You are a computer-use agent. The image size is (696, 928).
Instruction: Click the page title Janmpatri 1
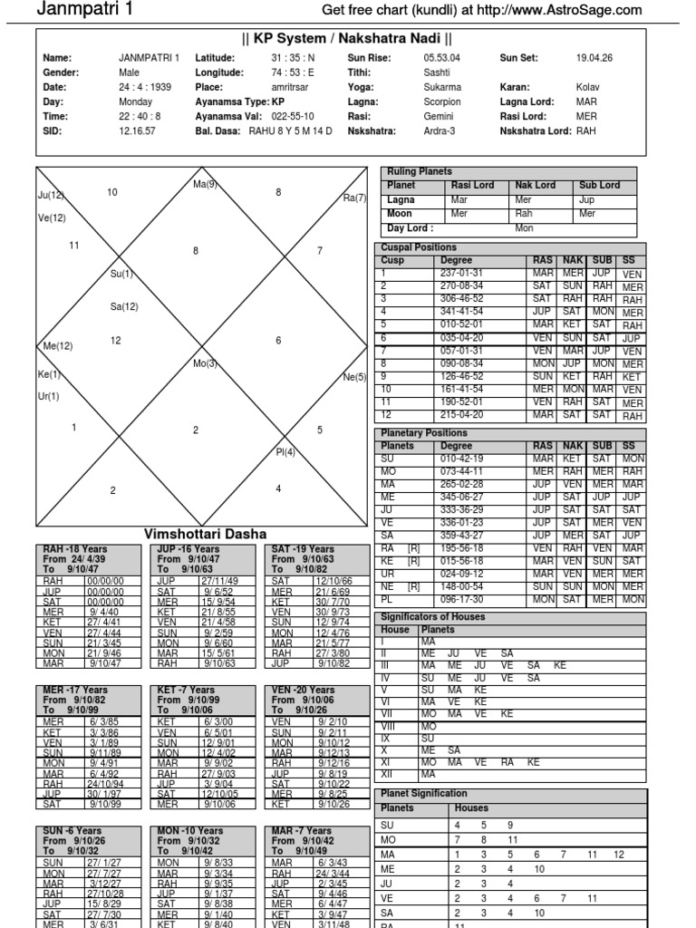pyautogui.click(x=79, y=10)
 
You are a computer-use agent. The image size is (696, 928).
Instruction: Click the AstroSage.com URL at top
pyautogui.click(x=482, y=10)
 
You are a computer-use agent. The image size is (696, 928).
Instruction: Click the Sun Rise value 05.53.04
pyautogui.click(x=443, y=58)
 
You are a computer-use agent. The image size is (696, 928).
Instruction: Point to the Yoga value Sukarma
pyautogui.click(x=442, y=87)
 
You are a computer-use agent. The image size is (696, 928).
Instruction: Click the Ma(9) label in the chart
pyautogui.click(x=205, y=185)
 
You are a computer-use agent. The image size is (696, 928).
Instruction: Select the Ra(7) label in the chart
pyautogui.click(x=354, y=198)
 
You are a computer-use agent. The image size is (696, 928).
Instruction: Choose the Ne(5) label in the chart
pyautogui.click(x=354, y=376)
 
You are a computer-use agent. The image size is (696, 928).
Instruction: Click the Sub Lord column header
pyautogui.click(x=600, y=185)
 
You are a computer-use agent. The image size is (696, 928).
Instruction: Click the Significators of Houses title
pyautogui.click(x=433, y=616)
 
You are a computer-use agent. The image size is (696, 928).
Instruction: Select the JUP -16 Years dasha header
pyautogui.click(x=188, y=549)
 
